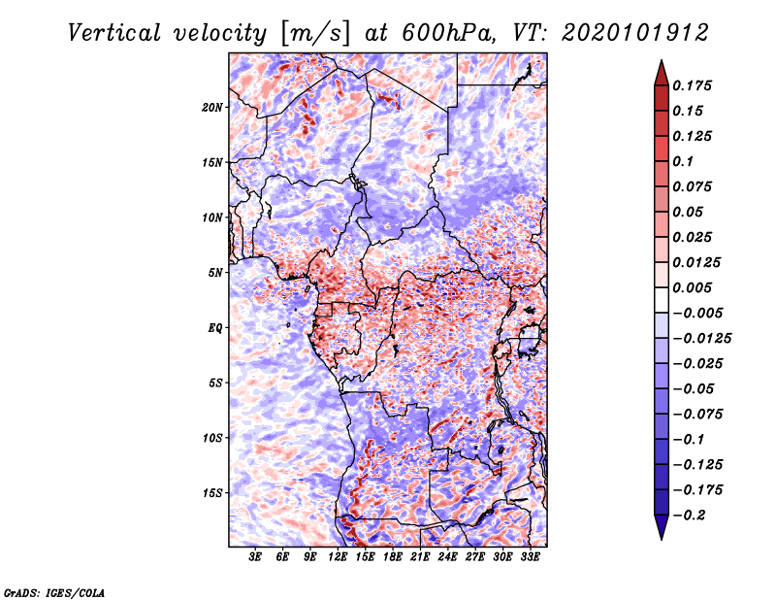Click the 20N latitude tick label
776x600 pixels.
point(211,108)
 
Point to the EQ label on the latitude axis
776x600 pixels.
point(214,328)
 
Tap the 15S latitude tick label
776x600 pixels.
point(211,493)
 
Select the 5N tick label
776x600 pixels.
point(214,273)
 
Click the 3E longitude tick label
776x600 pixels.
point(255,557)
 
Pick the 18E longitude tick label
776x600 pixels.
point(392,557)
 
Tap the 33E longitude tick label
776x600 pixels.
point(530,557)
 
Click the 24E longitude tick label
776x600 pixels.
point(447,557)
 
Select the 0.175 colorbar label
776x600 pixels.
point(692,85)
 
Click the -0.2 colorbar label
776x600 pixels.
point(689,516)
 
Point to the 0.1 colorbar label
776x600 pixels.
point(683,161)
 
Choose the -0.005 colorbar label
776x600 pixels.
point(696,314)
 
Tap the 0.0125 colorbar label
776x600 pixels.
point(696,262)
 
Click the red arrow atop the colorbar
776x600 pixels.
point(662,73)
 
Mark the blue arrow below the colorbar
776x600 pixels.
point(662,527)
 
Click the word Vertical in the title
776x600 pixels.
point(114,33)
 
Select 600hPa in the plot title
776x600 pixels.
point(449,33)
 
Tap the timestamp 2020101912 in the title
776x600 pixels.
point(635,33)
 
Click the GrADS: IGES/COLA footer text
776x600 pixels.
point(54,592)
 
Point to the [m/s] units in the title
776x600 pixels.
point(315,33)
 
